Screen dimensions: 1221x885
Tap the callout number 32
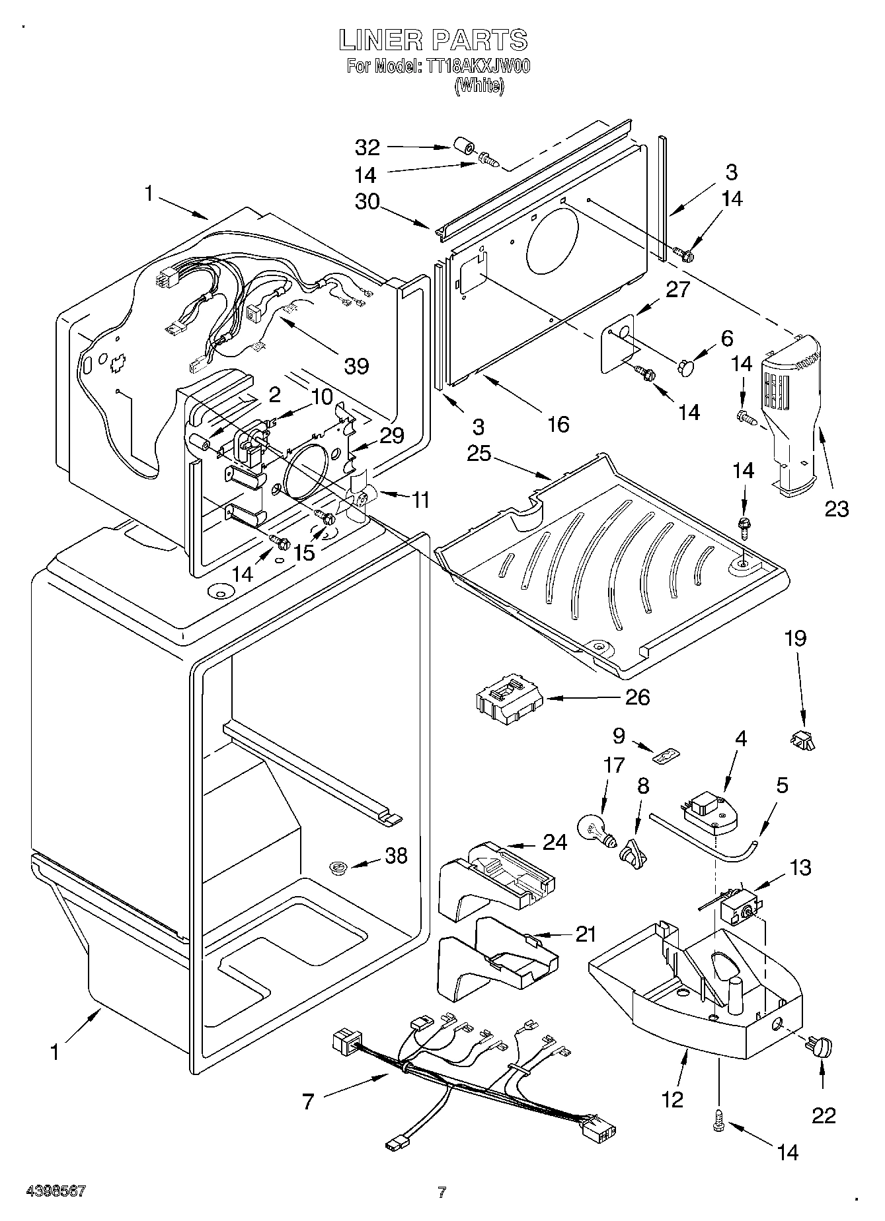(367, 147)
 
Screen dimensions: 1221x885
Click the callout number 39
(356, 365)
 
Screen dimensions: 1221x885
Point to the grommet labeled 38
(339, 867)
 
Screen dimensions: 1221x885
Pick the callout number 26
(637, 697)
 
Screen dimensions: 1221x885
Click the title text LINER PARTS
(433, 40)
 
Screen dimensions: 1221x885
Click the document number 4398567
(56, 1191)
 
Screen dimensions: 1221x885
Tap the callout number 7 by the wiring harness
(307, 1101)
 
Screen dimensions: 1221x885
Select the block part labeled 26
(508, 700)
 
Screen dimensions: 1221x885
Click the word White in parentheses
(479, 85)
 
